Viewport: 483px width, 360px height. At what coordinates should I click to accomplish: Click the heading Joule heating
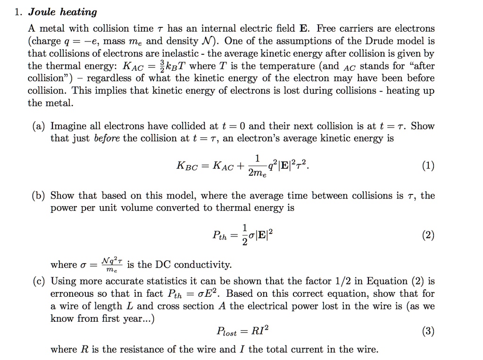[x=62, y=12]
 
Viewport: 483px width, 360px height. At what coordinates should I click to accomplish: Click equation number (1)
[x=428, y=166]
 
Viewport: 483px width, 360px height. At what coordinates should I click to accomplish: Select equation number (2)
[x=428, y=235]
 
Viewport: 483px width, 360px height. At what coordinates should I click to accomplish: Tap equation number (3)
[x=428, y=331]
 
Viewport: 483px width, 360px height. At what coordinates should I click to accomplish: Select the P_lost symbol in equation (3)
[x=226, y=332]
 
